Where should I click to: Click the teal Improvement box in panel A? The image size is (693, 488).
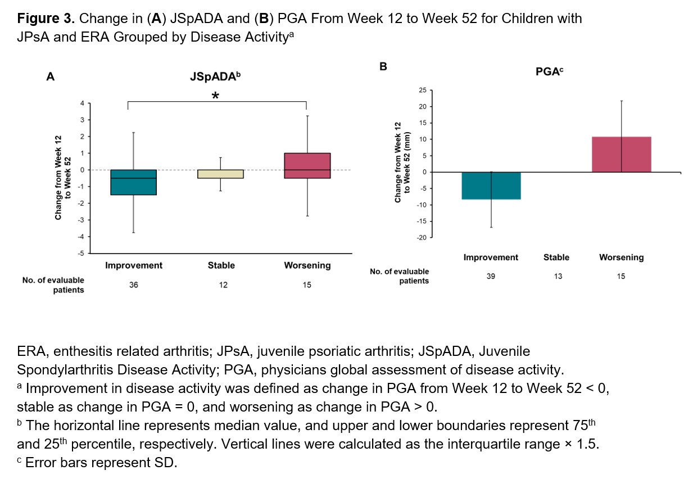click(133, 182)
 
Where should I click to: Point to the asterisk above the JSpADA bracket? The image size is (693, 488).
click(215, 97)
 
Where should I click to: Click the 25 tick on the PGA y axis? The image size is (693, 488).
click(423, 90)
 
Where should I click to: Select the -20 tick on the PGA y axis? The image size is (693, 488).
click(421, 238)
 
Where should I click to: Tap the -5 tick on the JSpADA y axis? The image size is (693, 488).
click(81, 253)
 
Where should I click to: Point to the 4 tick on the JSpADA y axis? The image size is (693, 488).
click(82, 103)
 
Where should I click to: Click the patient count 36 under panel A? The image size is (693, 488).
click(133, 285)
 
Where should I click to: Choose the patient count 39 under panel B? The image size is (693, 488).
click(491, 276)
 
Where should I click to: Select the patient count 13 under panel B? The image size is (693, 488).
click(558, 276)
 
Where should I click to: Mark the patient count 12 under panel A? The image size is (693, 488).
click(223, 285)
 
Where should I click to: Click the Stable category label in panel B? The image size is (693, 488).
click(556, 257)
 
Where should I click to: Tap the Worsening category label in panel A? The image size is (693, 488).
click(307, 265)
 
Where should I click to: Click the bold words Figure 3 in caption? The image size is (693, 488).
click(46, 19)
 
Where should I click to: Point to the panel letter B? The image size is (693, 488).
click(384, 67)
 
